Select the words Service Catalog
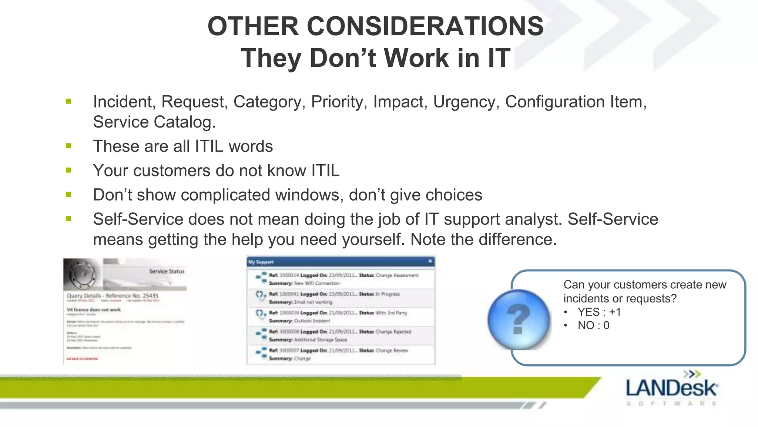point(154,122)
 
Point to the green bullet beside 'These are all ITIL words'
point(68,146)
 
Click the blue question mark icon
point(519,320)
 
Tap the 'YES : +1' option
point(599,312)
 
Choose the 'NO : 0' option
point(593,325)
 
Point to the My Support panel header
point(341,262)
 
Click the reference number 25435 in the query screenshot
point(150,296)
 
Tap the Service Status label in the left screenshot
point(167,271)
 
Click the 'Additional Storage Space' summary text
point(321,340)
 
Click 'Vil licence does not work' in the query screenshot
point(94,310)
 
